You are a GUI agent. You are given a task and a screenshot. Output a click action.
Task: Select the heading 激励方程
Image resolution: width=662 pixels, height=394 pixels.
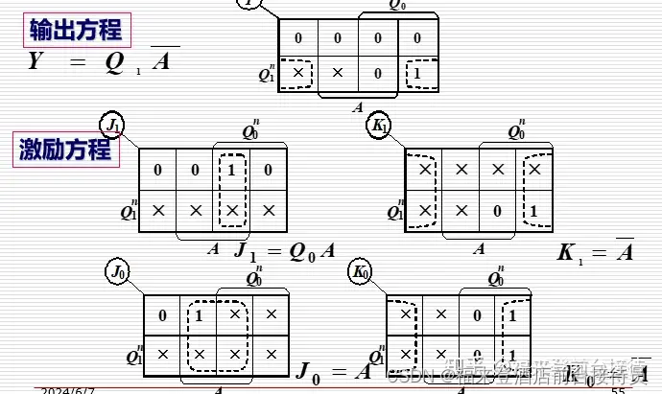(65, 150)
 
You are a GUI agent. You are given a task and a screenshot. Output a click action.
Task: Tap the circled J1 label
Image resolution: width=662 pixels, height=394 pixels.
(115, 125)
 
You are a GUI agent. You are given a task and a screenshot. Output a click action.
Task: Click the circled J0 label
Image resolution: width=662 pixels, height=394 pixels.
(118, 272)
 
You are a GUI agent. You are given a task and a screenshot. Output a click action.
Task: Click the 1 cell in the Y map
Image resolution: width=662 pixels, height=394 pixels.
(416, 74)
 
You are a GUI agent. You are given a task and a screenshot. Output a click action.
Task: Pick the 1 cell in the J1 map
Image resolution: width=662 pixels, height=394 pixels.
(230, 171)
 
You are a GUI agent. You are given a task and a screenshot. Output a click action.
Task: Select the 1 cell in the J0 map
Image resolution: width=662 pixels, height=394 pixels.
(199, 314)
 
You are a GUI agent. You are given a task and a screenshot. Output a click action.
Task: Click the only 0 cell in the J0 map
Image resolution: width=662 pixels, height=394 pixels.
(162, 314)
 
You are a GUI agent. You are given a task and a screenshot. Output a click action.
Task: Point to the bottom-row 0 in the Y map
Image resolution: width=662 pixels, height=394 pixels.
(378, 74)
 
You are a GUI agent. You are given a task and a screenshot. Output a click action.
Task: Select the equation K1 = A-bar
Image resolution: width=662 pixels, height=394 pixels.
(595, 252)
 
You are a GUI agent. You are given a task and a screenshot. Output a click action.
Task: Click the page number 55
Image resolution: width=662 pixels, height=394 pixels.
(618, 389)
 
